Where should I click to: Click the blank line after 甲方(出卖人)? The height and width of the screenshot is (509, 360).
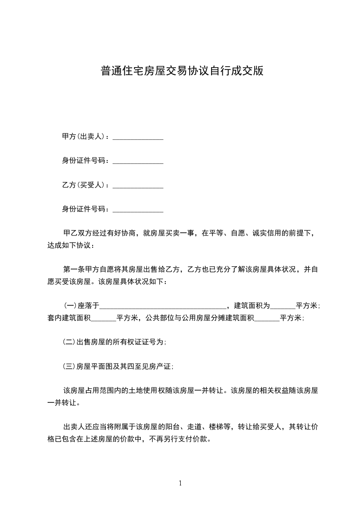pos(138,137)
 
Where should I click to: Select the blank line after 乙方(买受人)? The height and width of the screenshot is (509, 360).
pos(138,186)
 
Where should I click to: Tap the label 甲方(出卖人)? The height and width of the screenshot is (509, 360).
pos(84,137)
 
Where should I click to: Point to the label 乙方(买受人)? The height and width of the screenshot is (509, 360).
pos(84,186)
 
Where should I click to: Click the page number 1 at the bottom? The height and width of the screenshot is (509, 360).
pos(180,483)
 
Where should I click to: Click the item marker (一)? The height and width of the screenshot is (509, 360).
pos(69,305)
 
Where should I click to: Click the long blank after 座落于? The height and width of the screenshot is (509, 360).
pos(163,306)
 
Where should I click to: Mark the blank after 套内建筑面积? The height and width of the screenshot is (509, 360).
pos(104,318)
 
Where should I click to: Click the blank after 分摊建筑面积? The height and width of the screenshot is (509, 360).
pos(267,318)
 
